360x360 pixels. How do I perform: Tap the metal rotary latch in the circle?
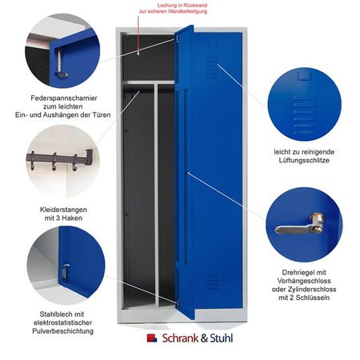pos(299,228)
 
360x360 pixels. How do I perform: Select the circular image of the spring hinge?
pos(60,52)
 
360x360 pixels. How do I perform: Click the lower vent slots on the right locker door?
pos(211,282)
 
